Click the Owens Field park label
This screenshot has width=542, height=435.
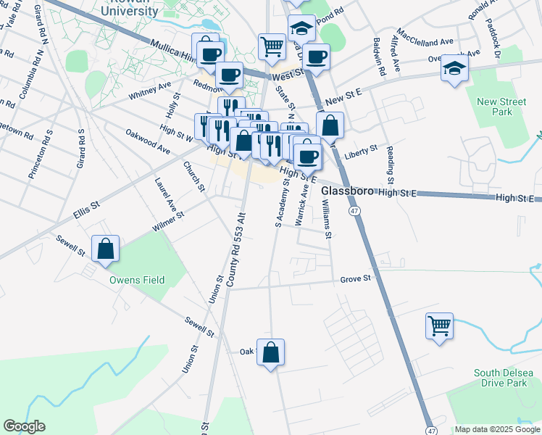(137, 280)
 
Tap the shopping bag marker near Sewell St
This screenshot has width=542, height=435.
(105, 248)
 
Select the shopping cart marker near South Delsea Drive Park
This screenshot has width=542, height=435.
(438, 326)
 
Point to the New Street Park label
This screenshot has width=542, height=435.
(496, 107)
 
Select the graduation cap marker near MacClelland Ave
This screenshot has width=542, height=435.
(454, 68)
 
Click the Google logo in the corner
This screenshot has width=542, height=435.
(24, 426)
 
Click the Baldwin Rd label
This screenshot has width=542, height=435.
(377, 54)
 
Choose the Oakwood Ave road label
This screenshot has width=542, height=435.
(147, 141)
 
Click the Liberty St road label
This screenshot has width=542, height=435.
(361, 152)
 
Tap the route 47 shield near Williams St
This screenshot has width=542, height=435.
(354, 210)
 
